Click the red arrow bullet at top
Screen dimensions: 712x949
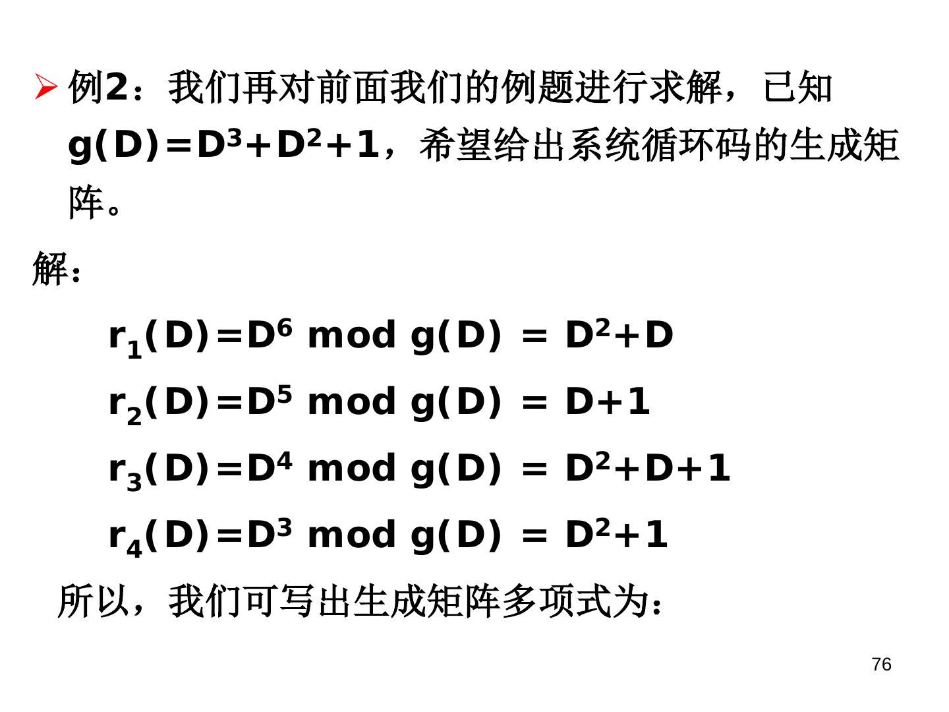pyautogui.click(x=45, y=87)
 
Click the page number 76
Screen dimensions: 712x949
pyautogui.click(x=880, y=665)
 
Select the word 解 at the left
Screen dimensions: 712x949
pyautogui.click(x=50, y=268)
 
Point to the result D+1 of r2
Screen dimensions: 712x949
pyautogui.click(x=607, y=401)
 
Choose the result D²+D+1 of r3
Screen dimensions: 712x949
pyautogui.click(x=647, y=468)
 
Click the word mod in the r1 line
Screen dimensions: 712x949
pyautogui.click(x=352, y=336)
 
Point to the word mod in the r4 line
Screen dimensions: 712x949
pyautogui.click(x=352, y=535)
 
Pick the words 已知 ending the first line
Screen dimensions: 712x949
pyautogui.click(x=797, y=87)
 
